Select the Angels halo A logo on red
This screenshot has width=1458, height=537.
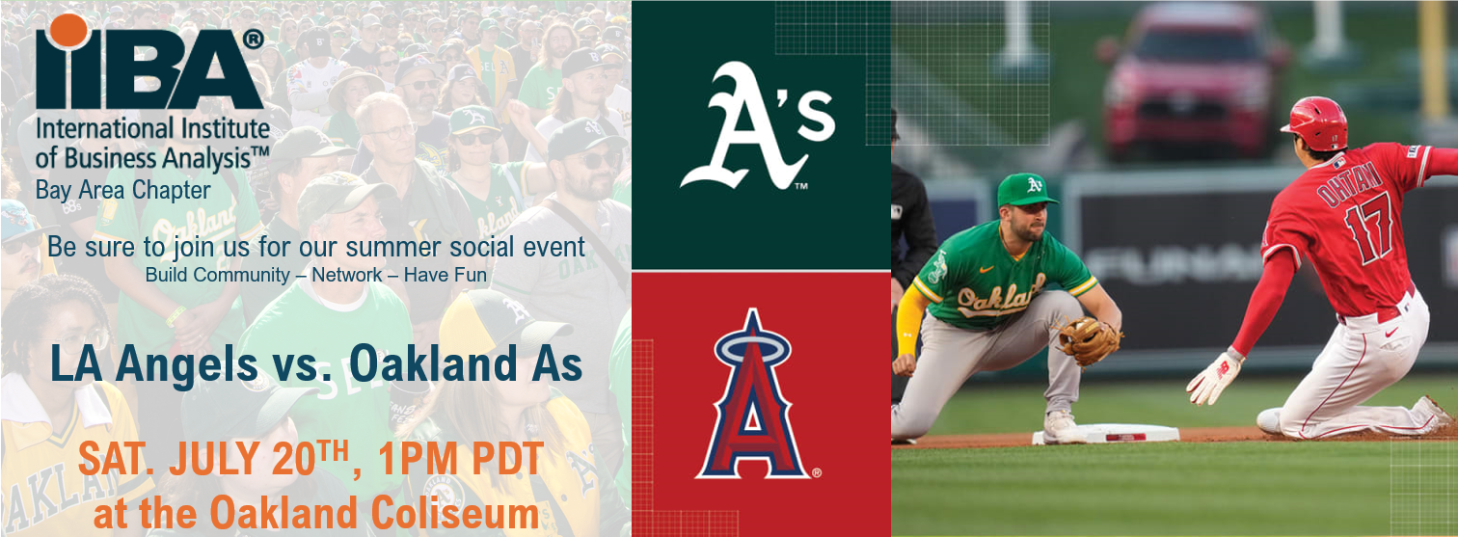(x=757, y=395)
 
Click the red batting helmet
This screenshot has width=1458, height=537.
(x=1315, y=122)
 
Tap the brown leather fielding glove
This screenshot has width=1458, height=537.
(x=1090, y=339)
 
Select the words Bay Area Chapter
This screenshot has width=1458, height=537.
(x=122, y=191)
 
